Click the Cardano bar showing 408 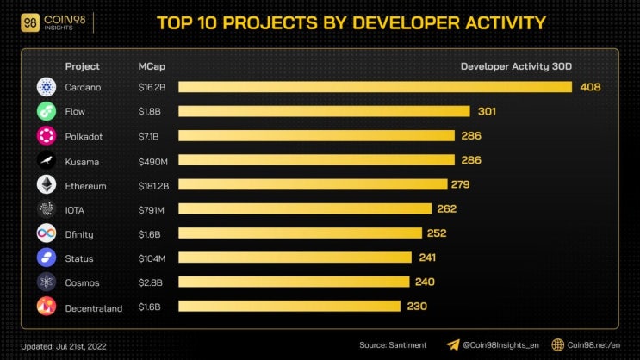click(375, 87)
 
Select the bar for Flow click(324, 111)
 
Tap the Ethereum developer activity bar click(313, 184)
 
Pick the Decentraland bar click(289, 306)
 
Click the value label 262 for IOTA click(446, 208)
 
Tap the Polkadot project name click(84, 136)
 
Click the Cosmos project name click(82, 282)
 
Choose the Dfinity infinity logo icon click(47, 233)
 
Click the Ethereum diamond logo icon click(47, 184)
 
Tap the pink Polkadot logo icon click(47, 135)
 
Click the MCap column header click(152, 66)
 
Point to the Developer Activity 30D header click(516, 66)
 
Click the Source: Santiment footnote click(392, 344)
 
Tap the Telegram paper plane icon click(453, 344)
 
